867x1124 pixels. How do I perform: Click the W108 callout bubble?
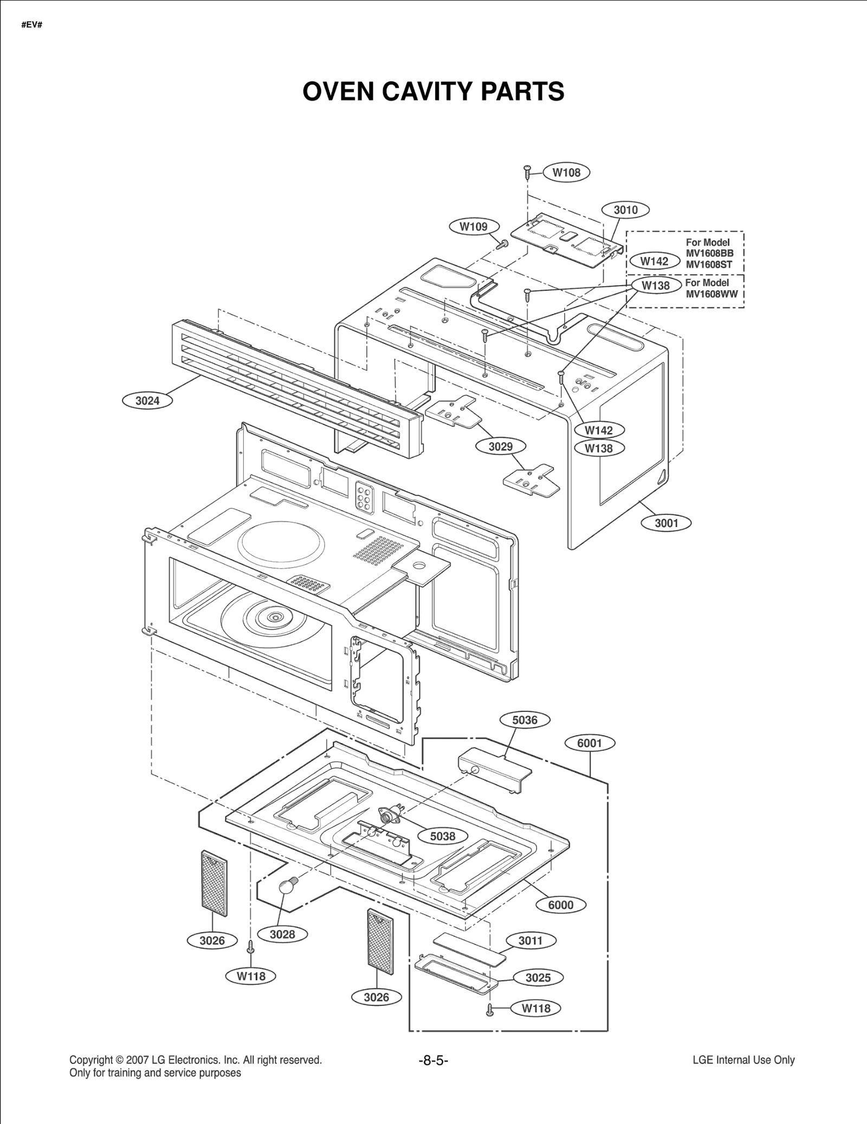click(x=566, y=172)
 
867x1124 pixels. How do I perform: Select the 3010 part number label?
click(x=625, y=210)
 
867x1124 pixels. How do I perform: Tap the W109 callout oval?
click(x=473, y=227)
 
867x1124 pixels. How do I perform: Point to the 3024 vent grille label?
click(x=147, y=401)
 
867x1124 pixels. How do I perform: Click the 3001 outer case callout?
click(x=666, y=523)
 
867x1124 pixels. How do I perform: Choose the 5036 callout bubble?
click(x=525, y=720)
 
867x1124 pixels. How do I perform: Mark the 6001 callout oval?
click(x=589, y=743)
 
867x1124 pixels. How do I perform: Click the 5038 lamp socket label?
click(x=442, y=836)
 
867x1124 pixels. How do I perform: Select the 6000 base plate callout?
click(x=560, y=904)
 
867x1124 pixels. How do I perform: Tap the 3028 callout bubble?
click(x=282, y=934)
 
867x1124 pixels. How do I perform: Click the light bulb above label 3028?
click(x=287, y=887)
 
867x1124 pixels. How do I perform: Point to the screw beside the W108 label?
click(x=527, y=173)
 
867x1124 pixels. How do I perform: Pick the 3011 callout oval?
click(x=530, y=941)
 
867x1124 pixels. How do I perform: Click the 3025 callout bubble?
click(x=538, y=978)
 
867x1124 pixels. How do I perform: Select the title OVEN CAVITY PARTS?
click(x=433, y=92)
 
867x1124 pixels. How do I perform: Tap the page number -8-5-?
click(x=433, y=1061)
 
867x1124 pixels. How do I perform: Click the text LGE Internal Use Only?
click(x=743, y=1060)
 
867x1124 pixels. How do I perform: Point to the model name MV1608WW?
click(x=711, y=294)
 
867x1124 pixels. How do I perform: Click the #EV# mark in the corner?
click(x=31, y=25)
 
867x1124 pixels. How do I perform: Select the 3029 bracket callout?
click(x=500, y=446)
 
